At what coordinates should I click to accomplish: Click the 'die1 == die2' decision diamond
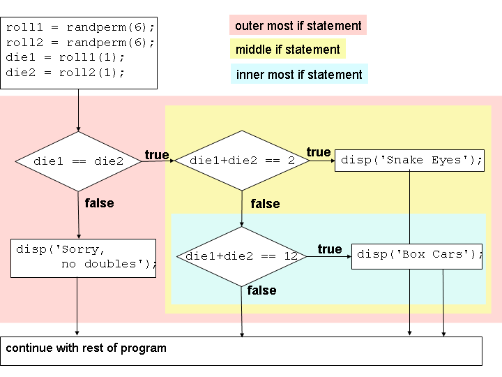(78, 161)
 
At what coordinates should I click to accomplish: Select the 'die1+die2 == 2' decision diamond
(242, 161)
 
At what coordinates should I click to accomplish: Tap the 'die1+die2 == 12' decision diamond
(241, 256)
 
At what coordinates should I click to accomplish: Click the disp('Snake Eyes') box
(410, 160)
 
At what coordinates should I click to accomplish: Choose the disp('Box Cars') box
(418, 255)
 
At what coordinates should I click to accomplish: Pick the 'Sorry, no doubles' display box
(84, 258)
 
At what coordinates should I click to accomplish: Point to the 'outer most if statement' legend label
(298, 26)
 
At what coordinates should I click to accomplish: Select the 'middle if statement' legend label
(287, 50)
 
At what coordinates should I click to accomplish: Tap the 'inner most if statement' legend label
(299, 74)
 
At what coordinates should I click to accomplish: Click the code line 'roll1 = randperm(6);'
(80, 28)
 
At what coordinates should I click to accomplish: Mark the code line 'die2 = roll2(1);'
(66, 72)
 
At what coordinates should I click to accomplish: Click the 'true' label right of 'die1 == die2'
(157, 154)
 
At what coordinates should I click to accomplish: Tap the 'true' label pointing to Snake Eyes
(319, 152)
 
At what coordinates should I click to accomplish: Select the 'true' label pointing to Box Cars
(330, 249)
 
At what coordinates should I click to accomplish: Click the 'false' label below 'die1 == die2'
(99, 203)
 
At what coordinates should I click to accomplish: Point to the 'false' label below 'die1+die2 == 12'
(261, 290)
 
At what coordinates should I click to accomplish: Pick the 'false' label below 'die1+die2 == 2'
(265, 204)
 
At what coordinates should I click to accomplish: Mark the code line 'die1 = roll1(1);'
(66, 57)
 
